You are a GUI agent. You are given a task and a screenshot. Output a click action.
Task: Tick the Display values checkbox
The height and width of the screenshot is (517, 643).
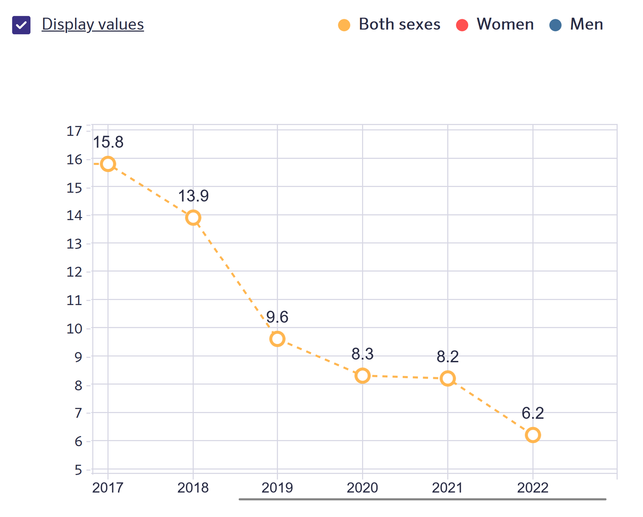pyautogui.click(x=21, y=25)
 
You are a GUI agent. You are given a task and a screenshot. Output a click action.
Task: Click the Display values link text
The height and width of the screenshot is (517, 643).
pyautogui.click(x=92, y=25)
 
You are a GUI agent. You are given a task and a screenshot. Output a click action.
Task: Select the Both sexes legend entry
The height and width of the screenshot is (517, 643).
pyautogui.click(x=389, y=25)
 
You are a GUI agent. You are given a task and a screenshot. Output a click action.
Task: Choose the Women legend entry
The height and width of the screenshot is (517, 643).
pyautogui.click(x=495, y=25)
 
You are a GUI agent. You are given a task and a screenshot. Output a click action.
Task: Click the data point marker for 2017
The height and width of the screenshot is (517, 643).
pyautogui.click(x=108, y=164)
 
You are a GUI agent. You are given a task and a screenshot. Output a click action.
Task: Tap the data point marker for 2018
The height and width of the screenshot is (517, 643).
pyautogui.click(x=193, y=218)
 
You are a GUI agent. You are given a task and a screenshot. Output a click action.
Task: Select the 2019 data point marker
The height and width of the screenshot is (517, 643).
pyautogui.click(x=277, y=339)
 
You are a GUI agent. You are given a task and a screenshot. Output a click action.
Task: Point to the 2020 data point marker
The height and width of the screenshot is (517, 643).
pyautogui.click(x=362, y=375)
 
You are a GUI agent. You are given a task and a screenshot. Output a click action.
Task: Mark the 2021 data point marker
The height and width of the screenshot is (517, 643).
pyautogui.click(x=448, y=378)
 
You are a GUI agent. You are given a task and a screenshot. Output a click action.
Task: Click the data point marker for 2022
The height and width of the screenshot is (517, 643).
pyautogui.click(x=533, y=435)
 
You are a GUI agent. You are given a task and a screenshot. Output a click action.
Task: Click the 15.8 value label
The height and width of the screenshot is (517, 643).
pyautogui.click(x=108, y=142)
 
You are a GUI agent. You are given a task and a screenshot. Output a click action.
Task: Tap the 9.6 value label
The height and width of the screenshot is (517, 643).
pyautogui.click(x=277, y=317)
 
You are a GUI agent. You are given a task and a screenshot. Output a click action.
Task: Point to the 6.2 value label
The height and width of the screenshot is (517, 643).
pyautogui.click(x=533, y=413)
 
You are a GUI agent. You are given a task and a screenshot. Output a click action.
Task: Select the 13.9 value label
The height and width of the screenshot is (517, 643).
pyautogui.click(x=193, y=196)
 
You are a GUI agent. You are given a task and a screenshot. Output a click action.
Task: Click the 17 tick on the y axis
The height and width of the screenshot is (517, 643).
pyautogui.click(x=74, y=131)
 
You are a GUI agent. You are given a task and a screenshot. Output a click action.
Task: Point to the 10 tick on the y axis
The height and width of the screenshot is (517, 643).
pyautogui.click(x=74, y=329)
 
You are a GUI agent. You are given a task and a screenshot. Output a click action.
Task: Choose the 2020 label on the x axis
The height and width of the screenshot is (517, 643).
pyautogui.click(x=362, y=488)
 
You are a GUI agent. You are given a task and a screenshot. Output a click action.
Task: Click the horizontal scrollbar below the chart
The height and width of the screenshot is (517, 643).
pyautogui.click(x=422, y=499)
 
